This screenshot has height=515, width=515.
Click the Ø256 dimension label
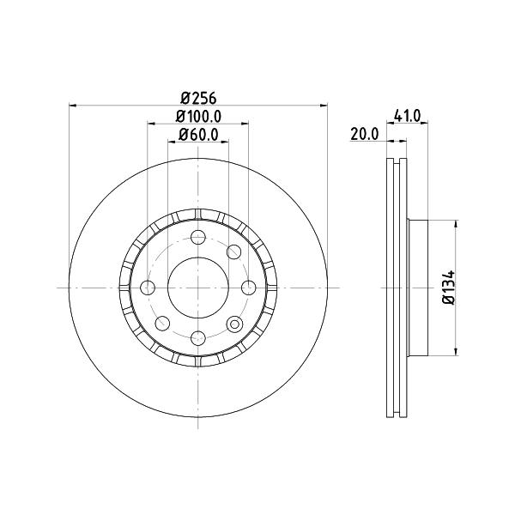(199, 98)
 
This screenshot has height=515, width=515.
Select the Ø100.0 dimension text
(198, 116)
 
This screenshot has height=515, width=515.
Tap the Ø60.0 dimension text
(198, 135)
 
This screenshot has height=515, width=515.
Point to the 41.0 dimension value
(407, 116)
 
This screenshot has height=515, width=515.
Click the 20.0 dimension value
(365, 135)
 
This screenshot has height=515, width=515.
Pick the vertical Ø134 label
(449, 288)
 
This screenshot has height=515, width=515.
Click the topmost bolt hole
(198, 237)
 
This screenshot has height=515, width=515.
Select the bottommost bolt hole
(198, 338)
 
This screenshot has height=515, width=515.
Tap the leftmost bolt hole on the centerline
(148, 288)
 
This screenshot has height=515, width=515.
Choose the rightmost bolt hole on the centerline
(249, 288)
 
